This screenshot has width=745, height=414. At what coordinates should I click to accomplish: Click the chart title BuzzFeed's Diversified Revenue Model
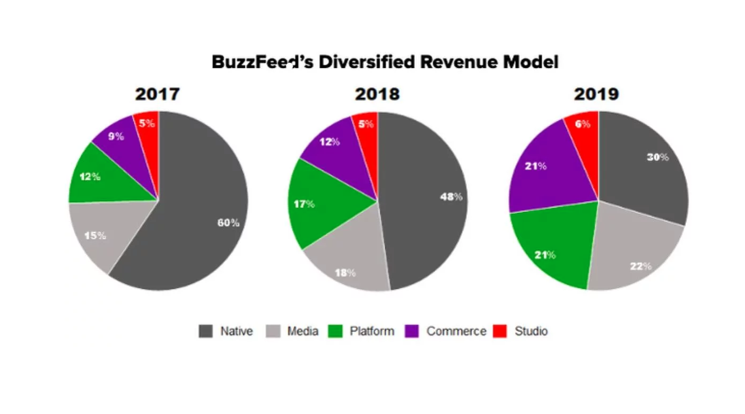coord(385,62)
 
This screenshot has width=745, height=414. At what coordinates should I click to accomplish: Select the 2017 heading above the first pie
coord(157,94)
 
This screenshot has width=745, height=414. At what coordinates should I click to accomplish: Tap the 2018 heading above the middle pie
coord(377,94)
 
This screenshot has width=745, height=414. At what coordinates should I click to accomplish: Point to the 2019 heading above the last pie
coord(596,94)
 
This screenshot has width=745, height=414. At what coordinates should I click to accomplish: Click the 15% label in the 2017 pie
coord(94,235)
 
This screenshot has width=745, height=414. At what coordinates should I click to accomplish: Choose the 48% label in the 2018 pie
coord(451,197)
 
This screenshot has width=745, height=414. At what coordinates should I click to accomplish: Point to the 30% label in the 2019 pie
coord(657,157)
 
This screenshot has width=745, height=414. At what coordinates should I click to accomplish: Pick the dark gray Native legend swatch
coord(205,332)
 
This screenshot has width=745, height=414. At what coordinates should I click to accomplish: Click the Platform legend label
coord(372,332)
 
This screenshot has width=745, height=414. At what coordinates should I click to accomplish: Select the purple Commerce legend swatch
coord(412,332)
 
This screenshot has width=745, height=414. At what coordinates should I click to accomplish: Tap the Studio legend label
coord(531,332)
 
